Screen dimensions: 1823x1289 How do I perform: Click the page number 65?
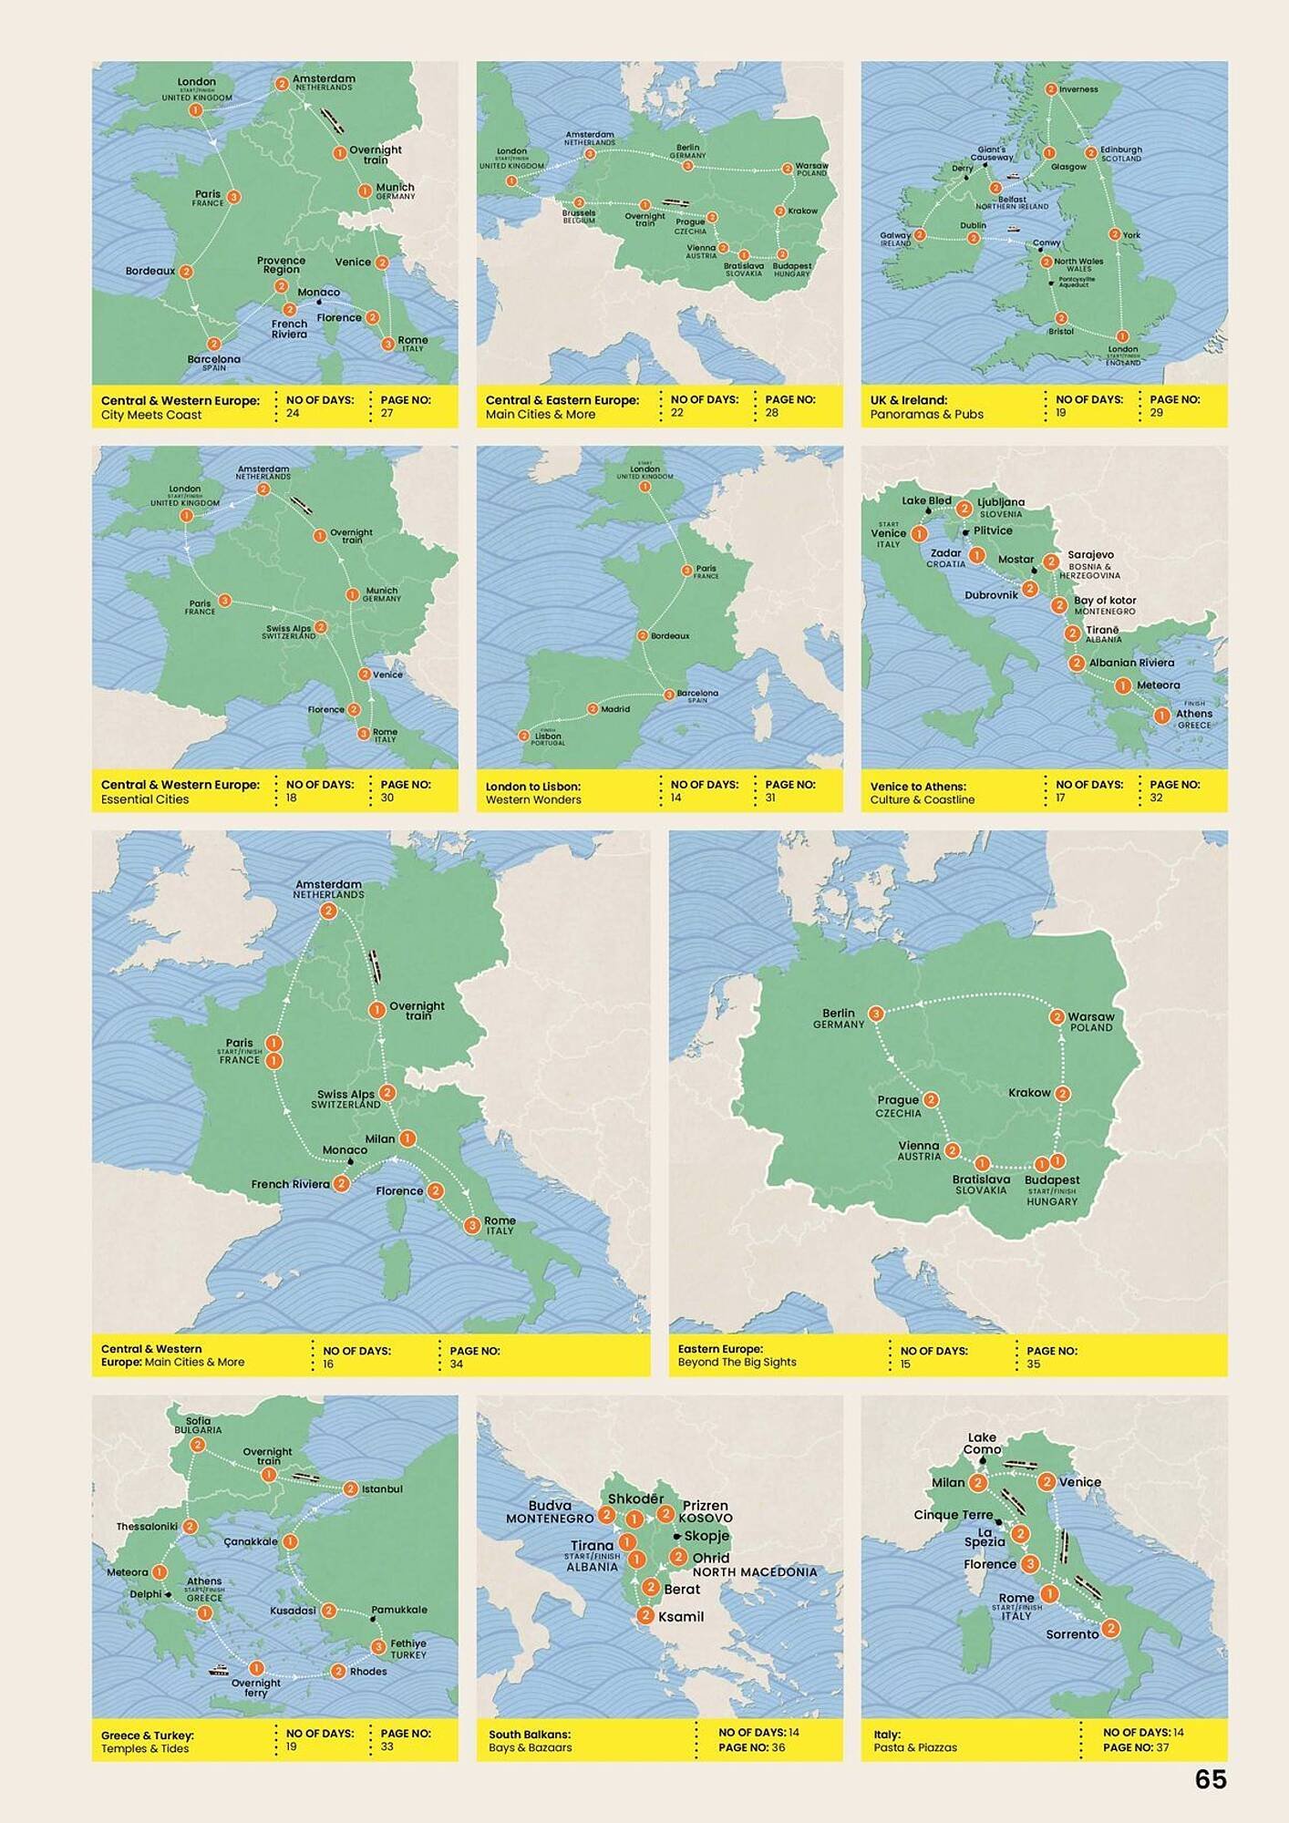pos(1210,1779)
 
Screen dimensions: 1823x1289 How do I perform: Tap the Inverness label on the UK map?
pos(1078,89)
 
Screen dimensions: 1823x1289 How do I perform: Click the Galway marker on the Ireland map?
pos(920,235)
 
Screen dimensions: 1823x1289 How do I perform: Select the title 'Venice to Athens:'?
pos(917,786)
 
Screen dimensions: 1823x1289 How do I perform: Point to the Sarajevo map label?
pos(1090,554)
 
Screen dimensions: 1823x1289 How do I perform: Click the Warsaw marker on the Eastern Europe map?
pos(1057,1016)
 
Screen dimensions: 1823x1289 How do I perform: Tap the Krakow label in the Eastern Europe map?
pos(1029,1092)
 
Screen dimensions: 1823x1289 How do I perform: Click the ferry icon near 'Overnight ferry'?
pos(219,1671)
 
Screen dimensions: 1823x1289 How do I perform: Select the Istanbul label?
pos(382,1488)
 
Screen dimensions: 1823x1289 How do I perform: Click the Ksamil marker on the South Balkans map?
pos(645,1616)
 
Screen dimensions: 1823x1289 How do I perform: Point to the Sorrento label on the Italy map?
pos(1072,1634)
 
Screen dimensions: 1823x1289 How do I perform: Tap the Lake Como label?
pos(982,1443)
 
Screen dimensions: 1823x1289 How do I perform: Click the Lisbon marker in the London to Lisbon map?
pos(524,736)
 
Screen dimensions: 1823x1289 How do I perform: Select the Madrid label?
pos(615,708)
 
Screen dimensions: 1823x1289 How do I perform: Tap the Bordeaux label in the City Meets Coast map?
pos(150,271)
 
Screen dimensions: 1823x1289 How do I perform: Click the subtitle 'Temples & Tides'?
pos(145,1748)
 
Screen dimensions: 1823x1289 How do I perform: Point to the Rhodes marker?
pos(338,1671)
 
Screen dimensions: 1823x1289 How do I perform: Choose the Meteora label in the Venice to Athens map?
pos(1158,685)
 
